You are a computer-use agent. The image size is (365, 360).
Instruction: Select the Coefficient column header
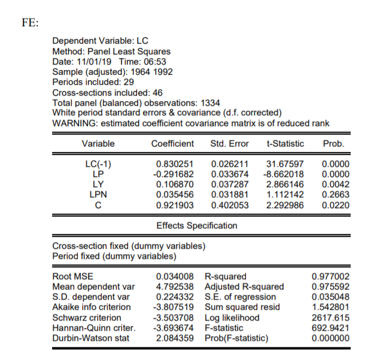coord(172,144)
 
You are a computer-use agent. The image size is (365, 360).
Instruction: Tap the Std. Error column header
coord(230,144)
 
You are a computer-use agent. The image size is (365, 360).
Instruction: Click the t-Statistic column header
coord(284,144)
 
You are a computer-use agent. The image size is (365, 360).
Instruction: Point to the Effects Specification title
coord(196,225)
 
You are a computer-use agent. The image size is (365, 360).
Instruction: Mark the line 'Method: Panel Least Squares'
coord(111,52)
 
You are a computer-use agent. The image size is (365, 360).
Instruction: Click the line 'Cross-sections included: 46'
coord(108,93)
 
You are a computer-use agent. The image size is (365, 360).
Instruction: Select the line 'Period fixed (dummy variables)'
coord(114,256)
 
